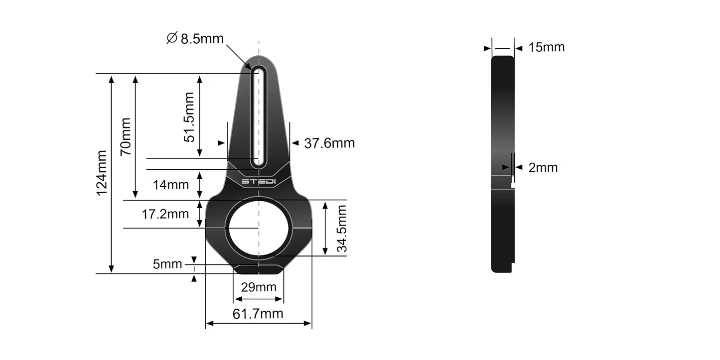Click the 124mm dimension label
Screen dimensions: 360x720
(x=102, y=172)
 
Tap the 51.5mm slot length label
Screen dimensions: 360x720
(x=189, y=117)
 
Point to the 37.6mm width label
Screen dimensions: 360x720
(x=329, y=143)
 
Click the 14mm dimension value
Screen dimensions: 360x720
(x=171, y=185)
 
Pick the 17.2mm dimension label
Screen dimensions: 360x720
(x=165, y=214)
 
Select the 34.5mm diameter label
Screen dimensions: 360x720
(x=341, y=229)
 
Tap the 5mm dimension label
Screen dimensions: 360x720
(x=167, y=264)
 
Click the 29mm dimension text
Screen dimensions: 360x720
(x=258, y=287)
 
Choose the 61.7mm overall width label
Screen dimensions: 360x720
(x=258, y=314)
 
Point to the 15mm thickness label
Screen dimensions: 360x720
(x=547, y=47)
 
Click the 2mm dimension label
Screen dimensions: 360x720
(x=543, y=168)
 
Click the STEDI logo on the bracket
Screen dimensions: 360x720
(x=258, y=181)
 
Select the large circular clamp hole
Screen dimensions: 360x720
(x=258, y=228)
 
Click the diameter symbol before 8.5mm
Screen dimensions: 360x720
(x=172, y=38)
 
